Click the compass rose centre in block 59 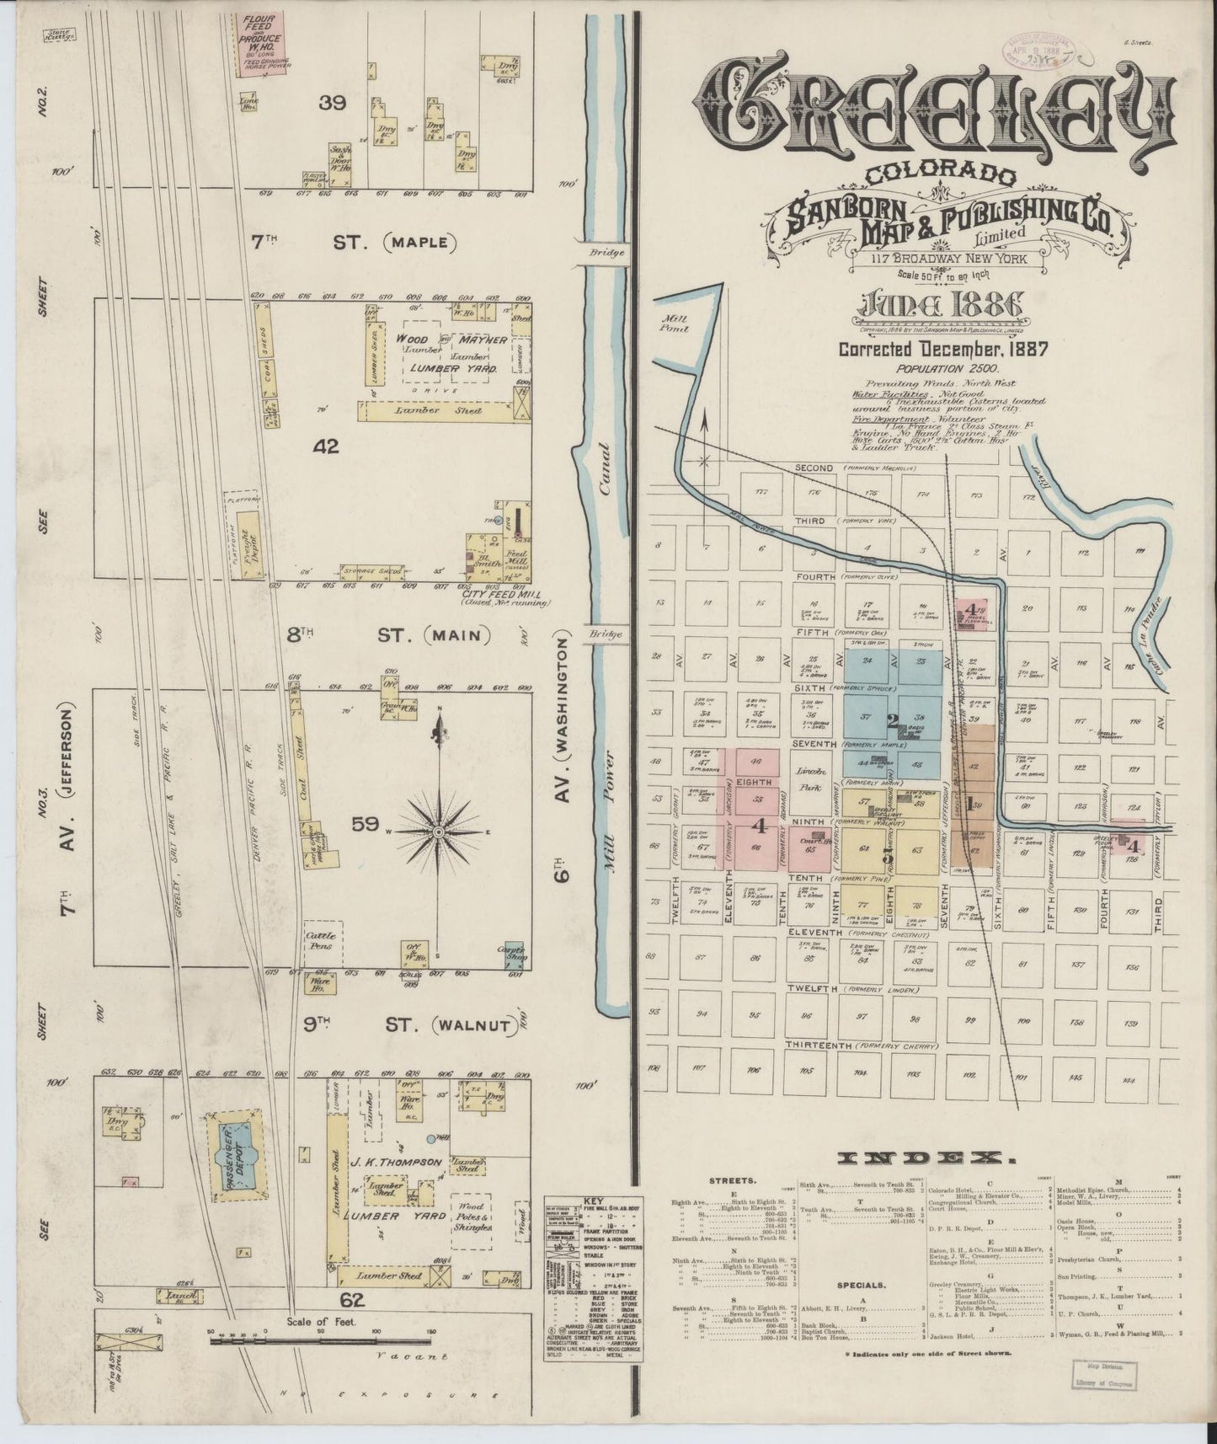438,832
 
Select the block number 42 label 326,447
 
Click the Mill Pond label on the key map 675,324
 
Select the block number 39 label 333,104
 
